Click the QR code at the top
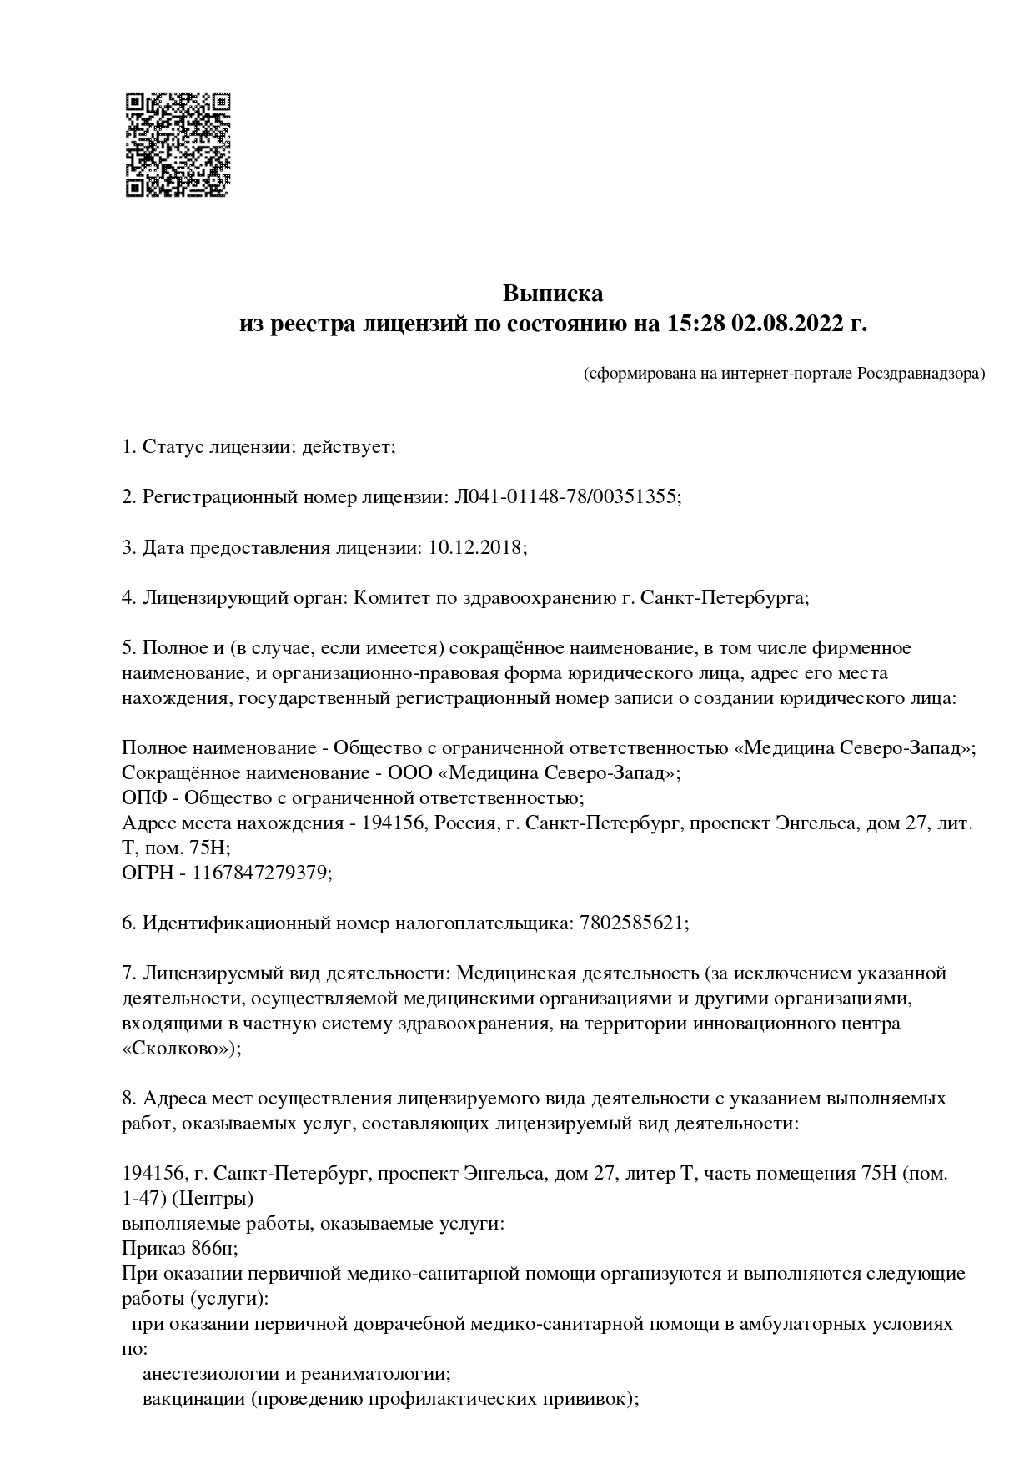pos(178,145)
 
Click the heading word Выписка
pos(552,294)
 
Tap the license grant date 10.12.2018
pos(475,547)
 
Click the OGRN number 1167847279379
pos(261,873)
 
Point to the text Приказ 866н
pos(178,1249)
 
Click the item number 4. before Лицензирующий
pos(129,597)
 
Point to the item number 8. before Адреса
pos(129,1099)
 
